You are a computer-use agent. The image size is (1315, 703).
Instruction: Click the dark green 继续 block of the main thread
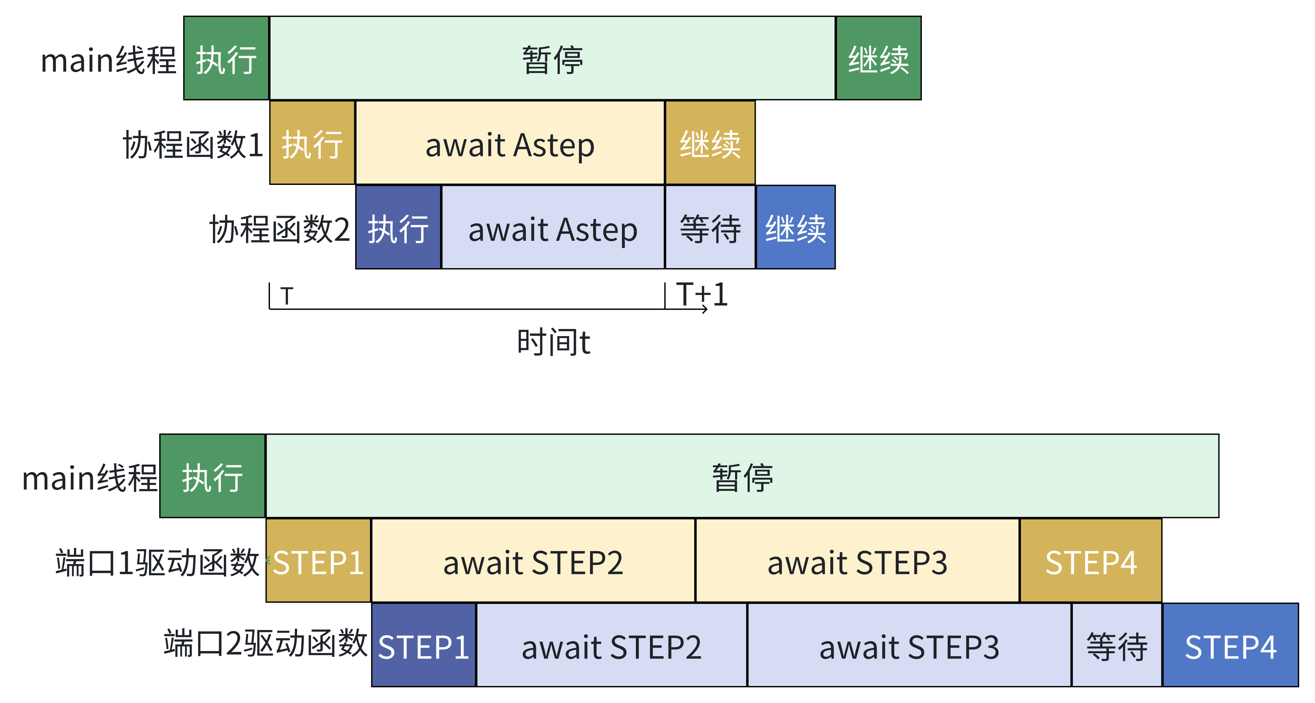tap(878, 58)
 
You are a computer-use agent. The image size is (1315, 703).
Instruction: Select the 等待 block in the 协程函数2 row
tap(710, 227)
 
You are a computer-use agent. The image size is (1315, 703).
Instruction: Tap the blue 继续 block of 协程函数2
tap(795, 227)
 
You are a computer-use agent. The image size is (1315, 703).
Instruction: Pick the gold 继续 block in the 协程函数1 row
tap(710, 143)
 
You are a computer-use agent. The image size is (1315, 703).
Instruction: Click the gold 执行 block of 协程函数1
tap(312, 143)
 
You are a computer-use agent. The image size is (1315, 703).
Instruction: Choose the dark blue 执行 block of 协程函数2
tap(398, 227)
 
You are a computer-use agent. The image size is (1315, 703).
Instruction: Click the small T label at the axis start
tap(287, 296)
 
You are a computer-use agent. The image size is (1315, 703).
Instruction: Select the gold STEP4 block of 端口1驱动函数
tap(1090, 561)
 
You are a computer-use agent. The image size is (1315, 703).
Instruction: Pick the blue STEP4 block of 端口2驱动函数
tap(1230, 646)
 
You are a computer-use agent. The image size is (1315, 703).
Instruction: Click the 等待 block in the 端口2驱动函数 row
tap(1116, 646)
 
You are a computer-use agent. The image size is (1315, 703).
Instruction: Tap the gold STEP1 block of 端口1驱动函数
tap(318, 561)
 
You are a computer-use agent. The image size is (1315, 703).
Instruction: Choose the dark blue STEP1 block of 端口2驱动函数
tap(424, 646)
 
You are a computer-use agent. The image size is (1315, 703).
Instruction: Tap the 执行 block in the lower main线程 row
tap(212, 477)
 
